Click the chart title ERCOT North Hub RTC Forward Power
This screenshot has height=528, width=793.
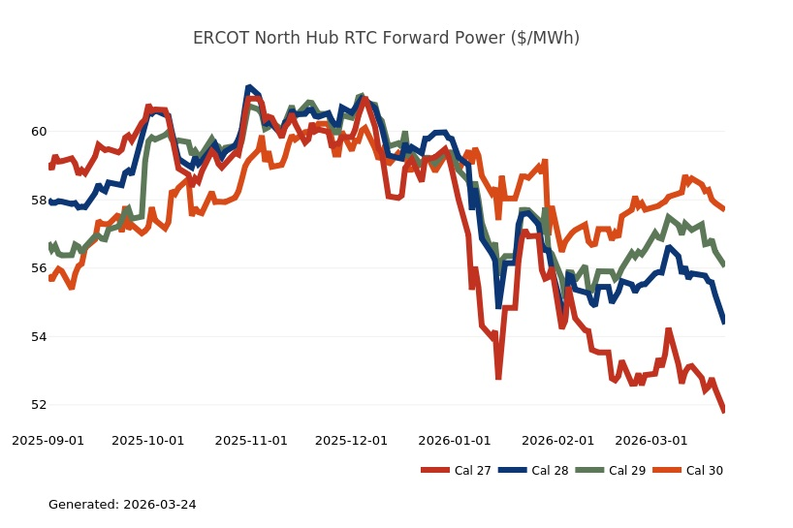[x=386, y=38]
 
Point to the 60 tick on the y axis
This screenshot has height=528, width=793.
[x=38, y=131]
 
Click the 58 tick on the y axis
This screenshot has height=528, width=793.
[x=38, y=200]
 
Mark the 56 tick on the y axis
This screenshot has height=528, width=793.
[x=38, y=268]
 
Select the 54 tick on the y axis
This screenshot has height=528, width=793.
[x=38, y=336]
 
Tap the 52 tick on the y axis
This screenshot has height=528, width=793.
[x=38, y=405]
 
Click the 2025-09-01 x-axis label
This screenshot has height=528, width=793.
[x=48, y=440]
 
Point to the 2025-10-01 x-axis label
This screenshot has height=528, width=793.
[x=148, y=440]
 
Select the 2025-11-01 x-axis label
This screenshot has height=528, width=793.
[x=251, y=440]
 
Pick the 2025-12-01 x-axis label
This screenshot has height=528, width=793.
[x=351, y=440]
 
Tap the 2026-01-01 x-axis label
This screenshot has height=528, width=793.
[x=454, y=440]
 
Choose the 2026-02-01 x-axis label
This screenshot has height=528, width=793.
[x=557, y=440]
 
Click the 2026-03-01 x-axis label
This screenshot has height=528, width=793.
[x=650, y=440]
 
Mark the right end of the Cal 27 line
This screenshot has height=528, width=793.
[x=724, y=412]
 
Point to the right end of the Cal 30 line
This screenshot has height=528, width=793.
[x=724, y=208]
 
